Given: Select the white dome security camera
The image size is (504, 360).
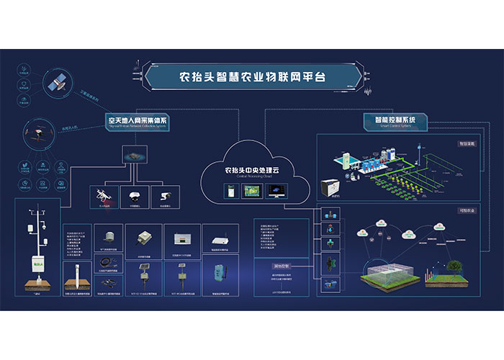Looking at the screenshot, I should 133,194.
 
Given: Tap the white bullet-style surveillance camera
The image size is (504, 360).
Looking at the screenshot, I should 165,195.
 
